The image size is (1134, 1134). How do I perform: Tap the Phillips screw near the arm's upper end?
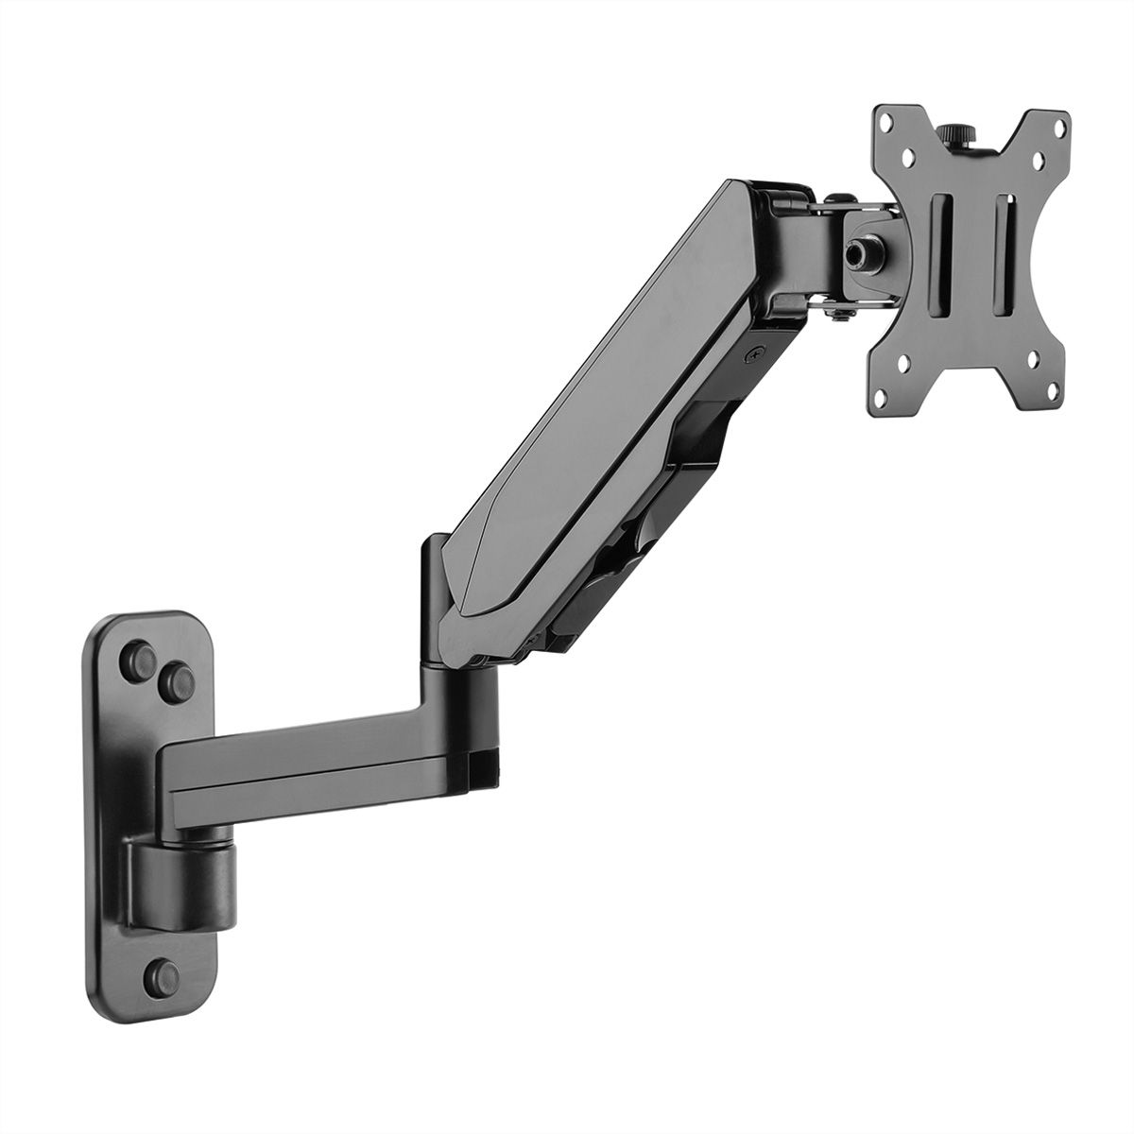754,355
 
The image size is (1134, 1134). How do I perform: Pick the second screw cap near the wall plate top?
175,677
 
